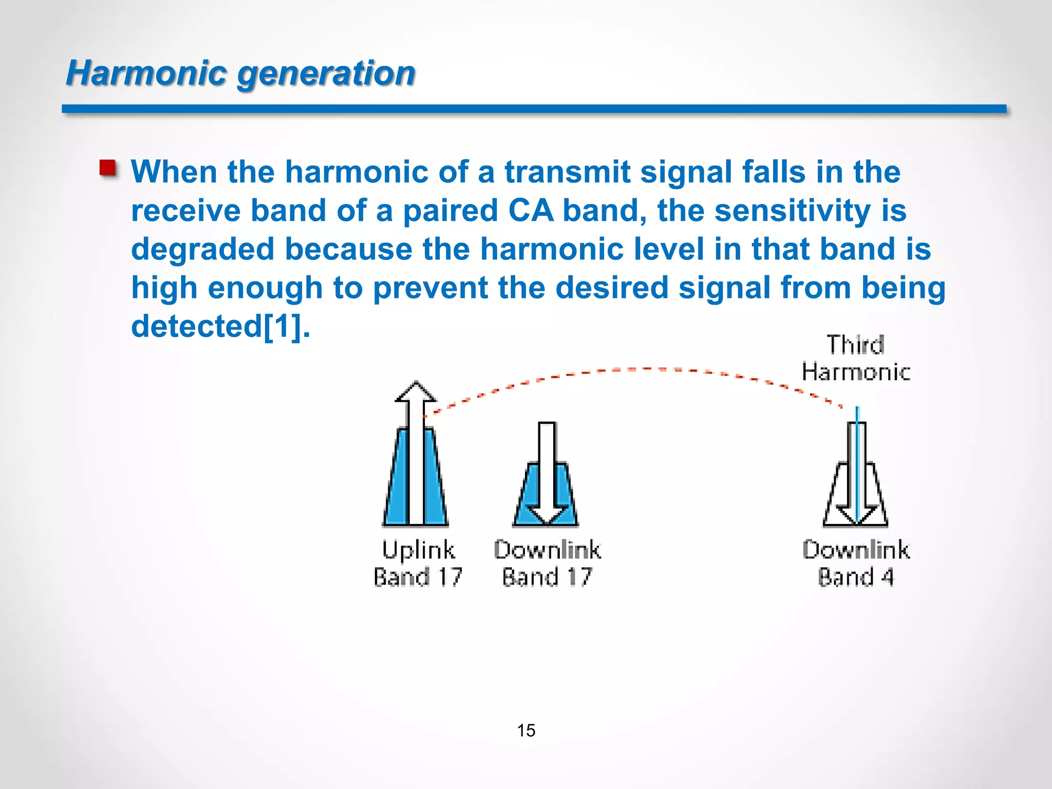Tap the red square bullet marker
(x=108, y=168)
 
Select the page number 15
(x=526, y=730)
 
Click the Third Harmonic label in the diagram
(x=855, y=358)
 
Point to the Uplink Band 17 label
(x=418, y=563)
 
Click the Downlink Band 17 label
(x=547, y=563)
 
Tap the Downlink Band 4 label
(x=856, y=563)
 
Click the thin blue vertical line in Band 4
(x=857, y=462)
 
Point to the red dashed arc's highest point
(x=642, y=369)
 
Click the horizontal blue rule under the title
(x=534, y=109)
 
